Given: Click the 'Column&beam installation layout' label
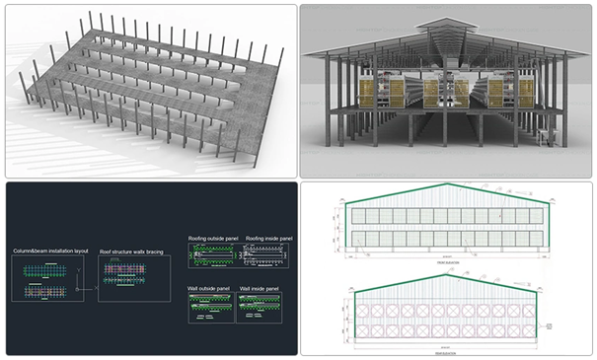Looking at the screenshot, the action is pyautogui.click(x=50, y=252).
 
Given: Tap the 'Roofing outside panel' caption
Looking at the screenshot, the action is pyautogui.click(x=212, y=238).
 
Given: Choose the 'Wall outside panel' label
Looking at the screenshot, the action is pyautogui.click(x=209, y=288).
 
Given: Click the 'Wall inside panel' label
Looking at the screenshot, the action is pyautogui.click(x=261, y=288).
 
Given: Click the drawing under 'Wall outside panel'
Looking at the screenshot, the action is pyautogui.click(x=211, y=308).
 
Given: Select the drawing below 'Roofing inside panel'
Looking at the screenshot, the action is pyautogui.click(x=265, y=256).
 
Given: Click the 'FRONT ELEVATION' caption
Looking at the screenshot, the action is pyautogui.click(x=444, y=263).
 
